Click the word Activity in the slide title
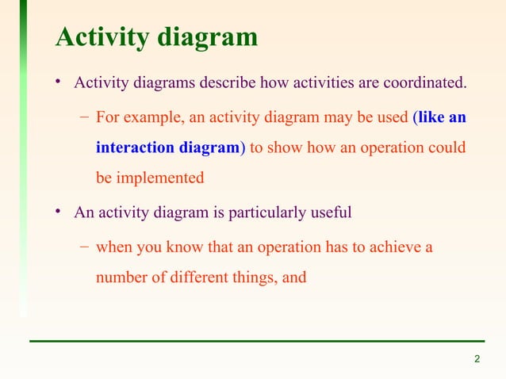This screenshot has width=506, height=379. (99, 37)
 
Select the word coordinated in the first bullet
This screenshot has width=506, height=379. (427, 83)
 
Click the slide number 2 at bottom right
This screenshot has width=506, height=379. (477, 361)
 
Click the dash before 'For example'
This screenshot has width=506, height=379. (84, 118)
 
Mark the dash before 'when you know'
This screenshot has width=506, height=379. (84, 248)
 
